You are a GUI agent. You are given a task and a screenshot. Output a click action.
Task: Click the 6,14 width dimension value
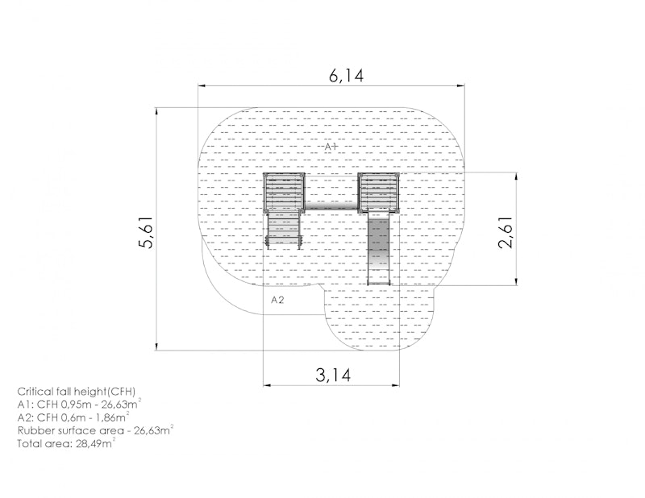click(x=346, y=76)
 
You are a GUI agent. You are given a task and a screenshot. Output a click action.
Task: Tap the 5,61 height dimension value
click(x=146, y=232)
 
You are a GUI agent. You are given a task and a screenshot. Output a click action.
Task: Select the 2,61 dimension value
click(x=506, y=232)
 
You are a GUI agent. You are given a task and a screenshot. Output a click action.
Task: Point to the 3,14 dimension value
click(x=333, y=375)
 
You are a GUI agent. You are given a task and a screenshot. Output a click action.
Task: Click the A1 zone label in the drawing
click(x=331, y=147)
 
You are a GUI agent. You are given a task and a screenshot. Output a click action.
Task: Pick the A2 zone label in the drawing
click(x=277, y=300)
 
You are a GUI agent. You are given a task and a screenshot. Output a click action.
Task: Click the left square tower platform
click(x=284, y=193)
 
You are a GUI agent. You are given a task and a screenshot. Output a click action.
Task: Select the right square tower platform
click(x=378, y=193)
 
